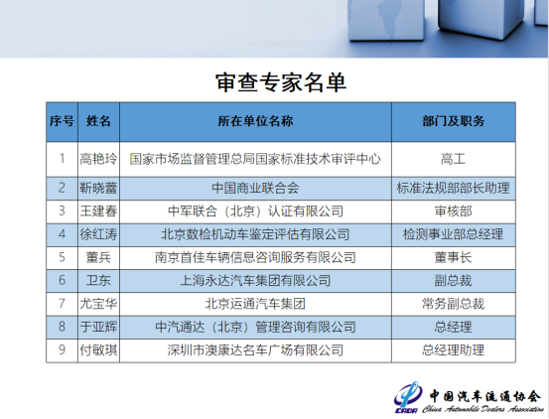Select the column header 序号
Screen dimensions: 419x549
(62, 120)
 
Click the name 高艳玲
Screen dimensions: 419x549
(98, 158)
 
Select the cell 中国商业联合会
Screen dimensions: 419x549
(255, 186)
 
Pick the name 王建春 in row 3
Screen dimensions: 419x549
(98, 210)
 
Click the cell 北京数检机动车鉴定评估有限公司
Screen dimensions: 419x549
(255, 234)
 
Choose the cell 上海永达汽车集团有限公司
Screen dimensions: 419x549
(255, 280)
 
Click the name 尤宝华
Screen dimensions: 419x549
(98, 303)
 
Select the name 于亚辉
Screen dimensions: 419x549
(98, 326)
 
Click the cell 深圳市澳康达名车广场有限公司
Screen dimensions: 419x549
(255, 349)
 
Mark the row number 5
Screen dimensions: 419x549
(62, 257)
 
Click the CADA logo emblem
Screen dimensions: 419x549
(407, 394)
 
